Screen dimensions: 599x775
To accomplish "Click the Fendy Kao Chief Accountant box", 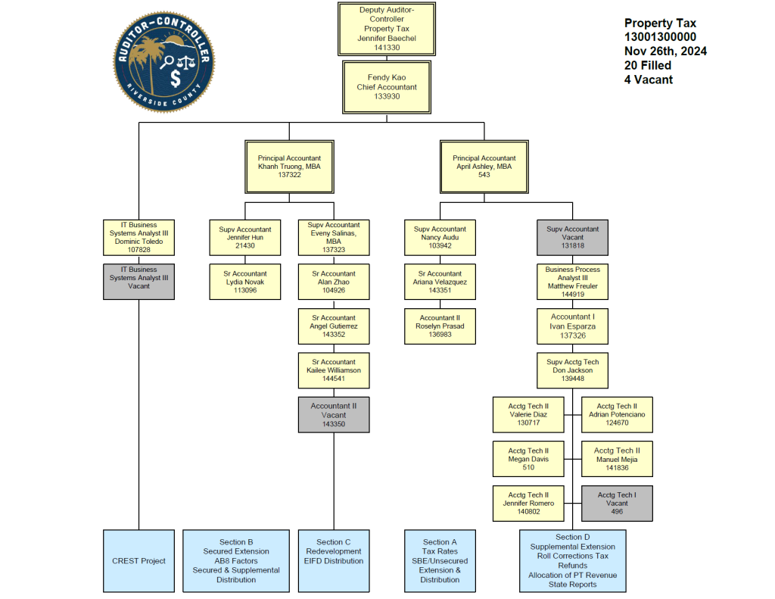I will tap(387, 87).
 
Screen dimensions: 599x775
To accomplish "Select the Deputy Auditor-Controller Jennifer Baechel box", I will tap(387, 28).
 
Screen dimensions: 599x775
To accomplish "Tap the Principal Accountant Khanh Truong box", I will tap(289, 167).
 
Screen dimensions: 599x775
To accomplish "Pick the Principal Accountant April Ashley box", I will tap(484, 167).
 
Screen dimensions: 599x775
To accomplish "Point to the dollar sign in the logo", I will tap(176, 79).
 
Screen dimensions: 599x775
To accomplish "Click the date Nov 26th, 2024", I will tap(666, 51).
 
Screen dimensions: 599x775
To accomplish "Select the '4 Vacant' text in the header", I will tap(649, 80).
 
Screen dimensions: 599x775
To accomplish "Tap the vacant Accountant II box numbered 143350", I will tap(334, 415).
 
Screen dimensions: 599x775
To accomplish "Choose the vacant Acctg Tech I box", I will tap(617, 504).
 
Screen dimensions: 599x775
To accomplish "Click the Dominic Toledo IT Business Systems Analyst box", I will tap(139, 237).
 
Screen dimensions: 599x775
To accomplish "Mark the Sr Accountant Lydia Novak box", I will tap(244, 281).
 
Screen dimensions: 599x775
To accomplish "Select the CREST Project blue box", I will tap(139, 561).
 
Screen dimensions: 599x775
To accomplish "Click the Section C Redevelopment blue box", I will tap(334, 561).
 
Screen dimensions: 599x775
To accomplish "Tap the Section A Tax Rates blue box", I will tap(440, 561).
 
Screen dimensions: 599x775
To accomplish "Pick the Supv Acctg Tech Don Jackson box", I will tap(572, 370).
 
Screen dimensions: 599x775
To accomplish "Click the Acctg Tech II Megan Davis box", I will tap(528, 459).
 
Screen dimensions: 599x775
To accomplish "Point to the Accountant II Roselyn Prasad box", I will tap(440, 326).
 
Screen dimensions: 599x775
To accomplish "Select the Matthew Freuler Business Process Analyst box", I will tap(572, 282).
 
